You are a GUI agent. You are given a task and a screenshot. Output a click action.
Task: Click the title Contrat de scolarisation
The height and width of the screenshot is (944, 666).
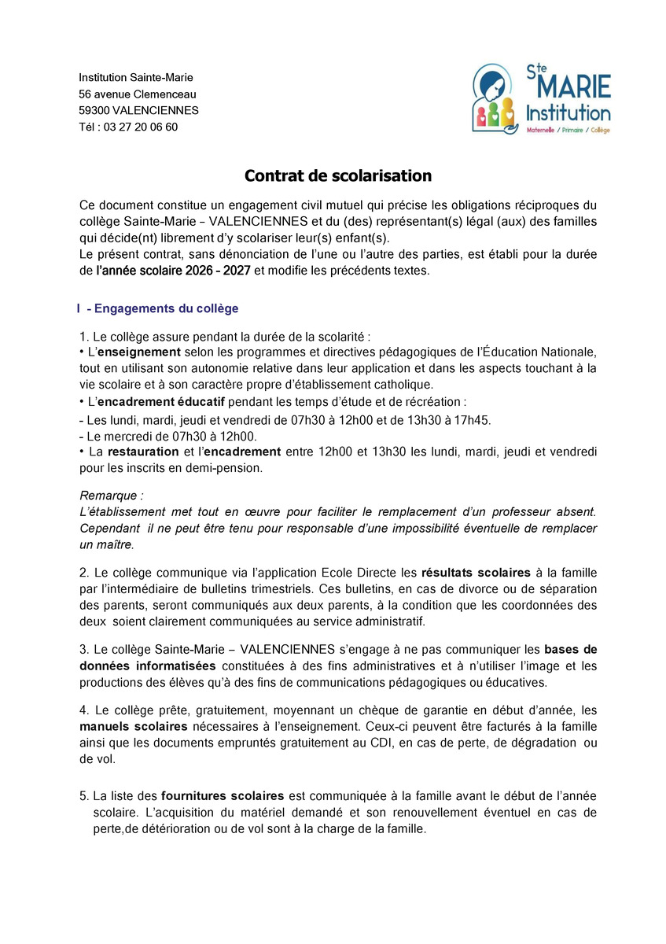pyautogui.click(x=337, y=175)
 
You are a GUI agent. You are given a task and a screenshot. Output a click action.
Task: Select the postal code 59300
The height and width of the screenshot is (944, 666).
pyautogui.click(x=94, y=110)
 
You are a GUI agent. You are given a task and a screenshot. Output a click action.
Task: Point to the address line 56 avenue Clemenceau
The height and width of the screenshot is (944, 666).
pyautogui.click(x=138, y=94)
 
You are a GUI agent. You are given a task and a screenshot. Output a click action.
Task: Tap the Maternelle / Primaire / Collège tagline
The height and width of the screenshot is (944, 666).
pyautogui.click(x=568, y=130)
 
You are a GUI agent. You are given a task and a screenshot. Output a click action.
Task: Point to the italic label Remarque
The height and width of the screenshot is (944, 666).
pyautogui.click(x=112, y=496)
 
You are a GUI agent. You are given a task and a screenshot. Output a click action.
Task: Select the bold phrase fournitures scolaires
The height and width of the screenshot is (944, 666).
pyautogui.click(x=223, y=796)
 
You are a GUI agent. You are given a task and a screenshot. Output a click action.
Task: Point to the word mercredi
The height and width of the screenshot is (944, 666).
pyautogui.click(x=125, y=436)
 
